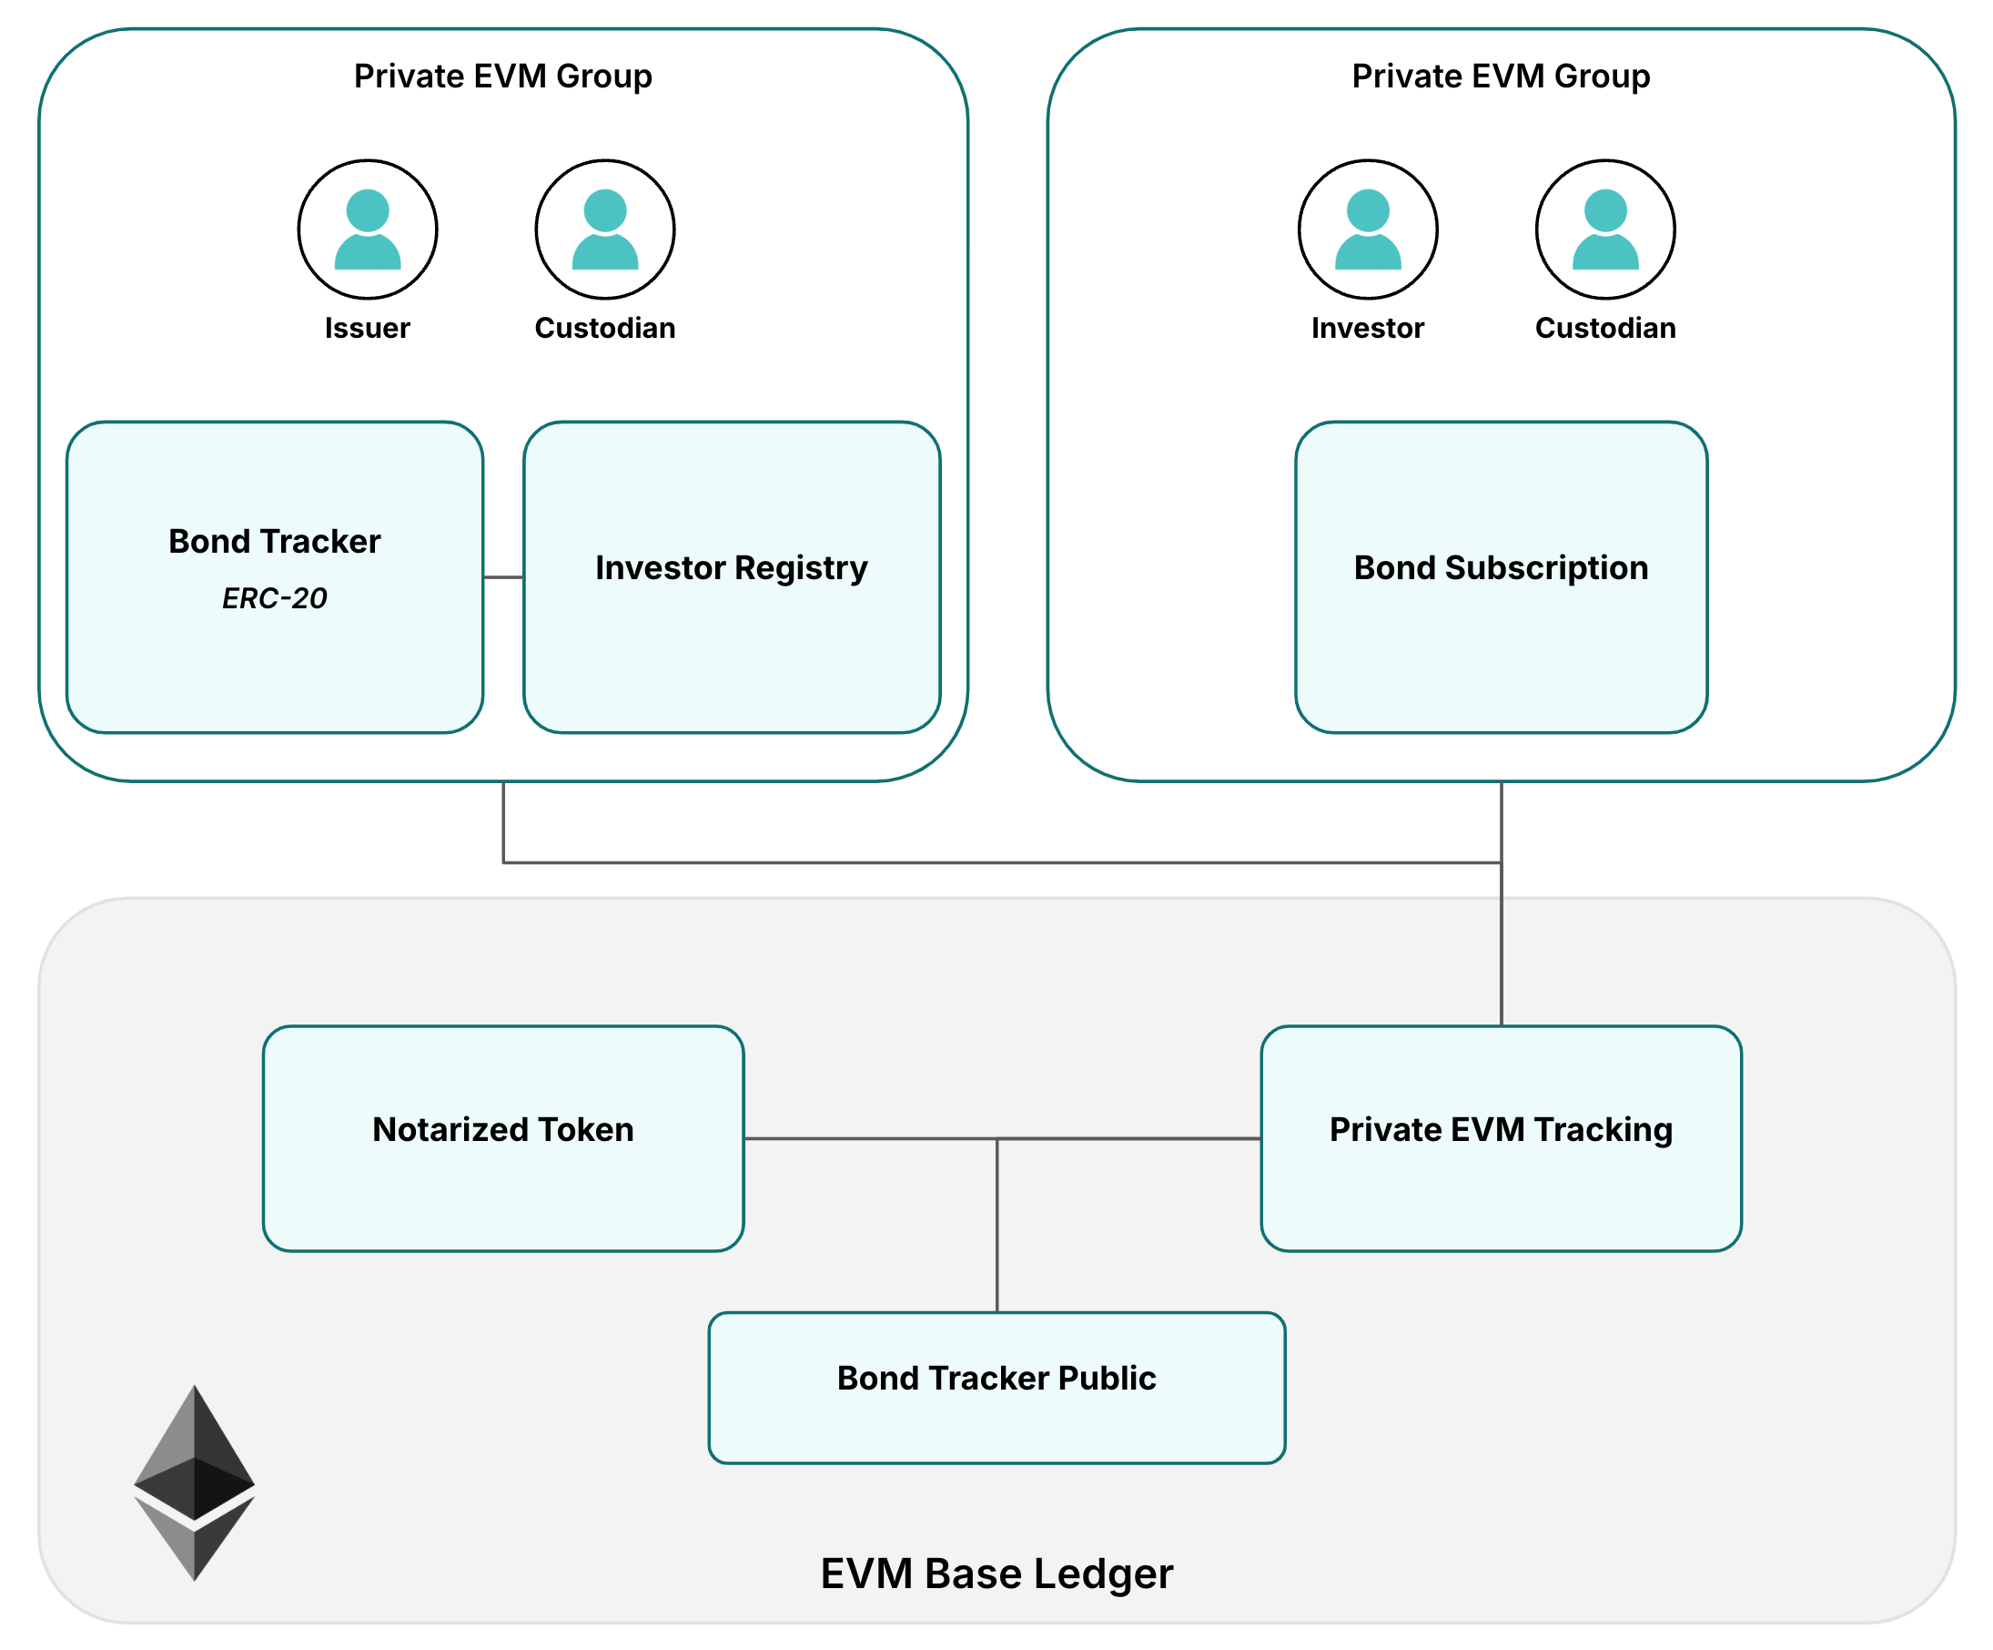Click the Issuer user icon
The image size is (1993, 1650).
point(368,229)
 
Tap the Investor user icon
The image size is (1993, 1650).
point(1368,229)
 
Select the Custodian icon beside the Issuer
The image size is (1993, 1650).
point(604,229)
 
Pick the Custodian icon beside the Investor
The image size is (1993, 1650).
point(1604,229)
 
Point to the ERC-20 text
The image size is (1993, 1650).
point(274,598)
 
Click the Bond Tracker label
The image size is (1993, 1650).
point(274,541)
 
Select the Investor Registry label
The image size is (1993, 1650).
point(731,567)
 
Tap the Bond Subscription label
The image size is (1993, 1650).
point(1501,567)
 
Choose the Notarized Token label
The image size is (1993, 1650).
point(503,1130)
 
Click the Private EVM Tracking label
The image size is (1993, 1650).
point(1501,1130)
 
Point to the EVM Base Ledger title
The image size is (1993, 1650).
point(997,1574)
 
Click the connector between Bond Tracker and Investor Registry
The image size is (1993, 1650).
point(503,577)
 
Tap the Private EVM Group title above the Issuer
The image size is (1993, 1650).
point(503,76)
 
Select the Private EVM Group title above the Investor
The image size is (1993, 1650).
point(1501,76)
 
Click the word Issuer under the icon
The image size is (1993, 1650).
point(368,329)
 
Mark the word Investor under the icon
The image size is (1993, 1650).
point(1368,329)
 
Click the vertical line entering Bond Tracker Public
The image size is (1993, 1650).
point(997,1225)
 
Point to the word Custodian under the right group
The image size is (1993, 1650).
point(1604,329)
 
